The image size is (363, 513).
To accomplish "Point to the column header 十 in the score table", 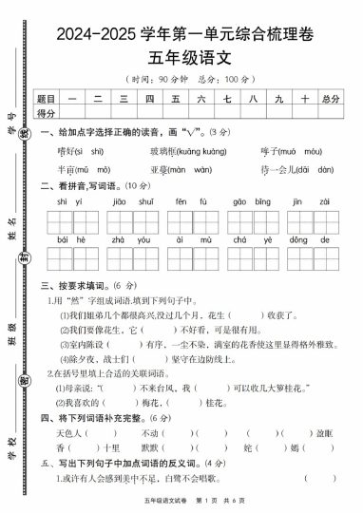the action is (x=304, y=98).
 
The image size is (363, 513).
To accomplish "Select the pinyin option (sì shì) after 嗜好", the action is (x=92, y=151).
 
